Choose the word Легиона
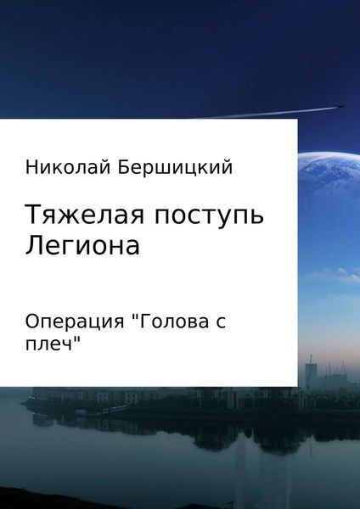pos(82,246)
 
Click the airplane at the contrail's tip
pos(338,106)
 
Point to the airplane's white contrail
pos(263,113)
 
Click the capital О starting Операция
pos(34,321)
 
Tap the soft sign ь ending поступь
pos(256,216)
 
